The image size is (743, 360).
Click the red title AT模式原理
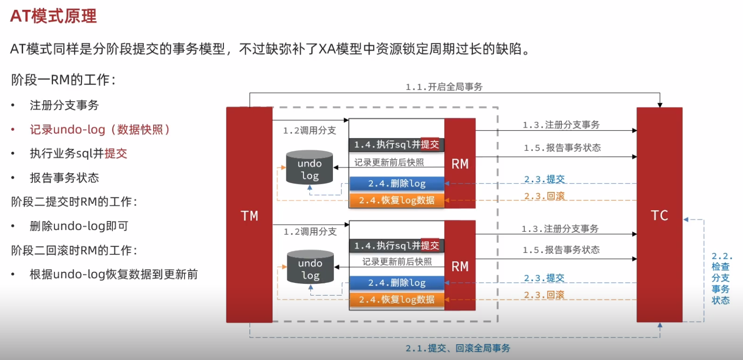click(54, 16)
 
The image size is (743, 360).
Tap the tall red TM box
click(249, 215)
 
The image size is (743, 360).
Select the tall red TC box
click(660, 215)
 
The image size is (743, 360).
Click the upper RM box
click(460, 163)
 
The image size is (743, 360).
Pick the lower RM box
click(460, 265)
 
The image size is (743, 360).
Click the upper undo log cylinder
click(309, 167)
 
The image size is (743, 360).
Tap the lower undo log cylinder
click(310, 267)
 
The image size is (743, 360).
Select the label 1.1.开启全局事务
click(444, 87)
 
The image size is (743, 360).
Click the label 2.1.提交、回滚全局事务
click(458, 348)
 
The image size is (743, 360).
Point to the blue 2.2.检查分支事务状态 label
click(721, 278)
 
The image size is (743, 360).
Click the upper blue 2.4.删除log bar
click(397, 184)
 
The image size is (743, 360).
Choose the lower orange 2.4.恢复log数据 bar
click(397, 300)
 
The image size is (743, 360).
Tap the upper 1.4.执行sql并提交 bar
click(397, 144)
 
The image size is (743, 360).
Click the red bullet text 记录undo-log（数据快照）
click(100, 129)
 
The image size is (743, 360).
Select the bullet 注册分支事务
click(64, 105)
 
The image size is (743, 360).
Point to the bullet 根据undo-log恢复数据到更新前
click(114, 275)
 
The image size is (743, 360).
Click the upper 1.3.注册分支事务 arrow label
click(561, 125)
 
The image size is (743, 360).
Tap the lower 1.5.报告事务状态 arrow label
click(561, 249)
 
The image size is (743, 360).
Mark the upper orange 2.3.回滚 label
click(544, 196)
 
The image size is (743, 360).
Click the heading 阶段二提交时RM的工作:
click(74, 202)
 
